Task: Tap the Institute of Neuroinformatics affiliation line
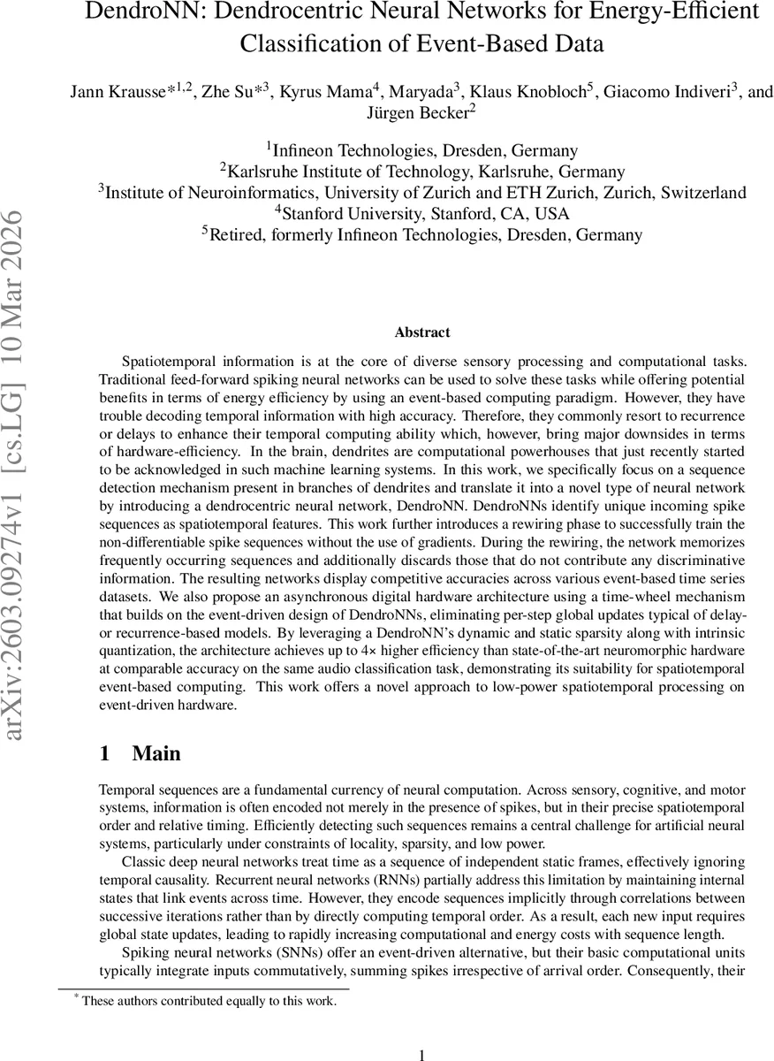coord(421,192)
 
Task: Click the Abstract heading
coord(421,332)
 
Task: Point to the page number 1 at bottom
coord(421,1054)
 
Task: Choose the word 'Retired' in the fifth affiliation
coord(237,234)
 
